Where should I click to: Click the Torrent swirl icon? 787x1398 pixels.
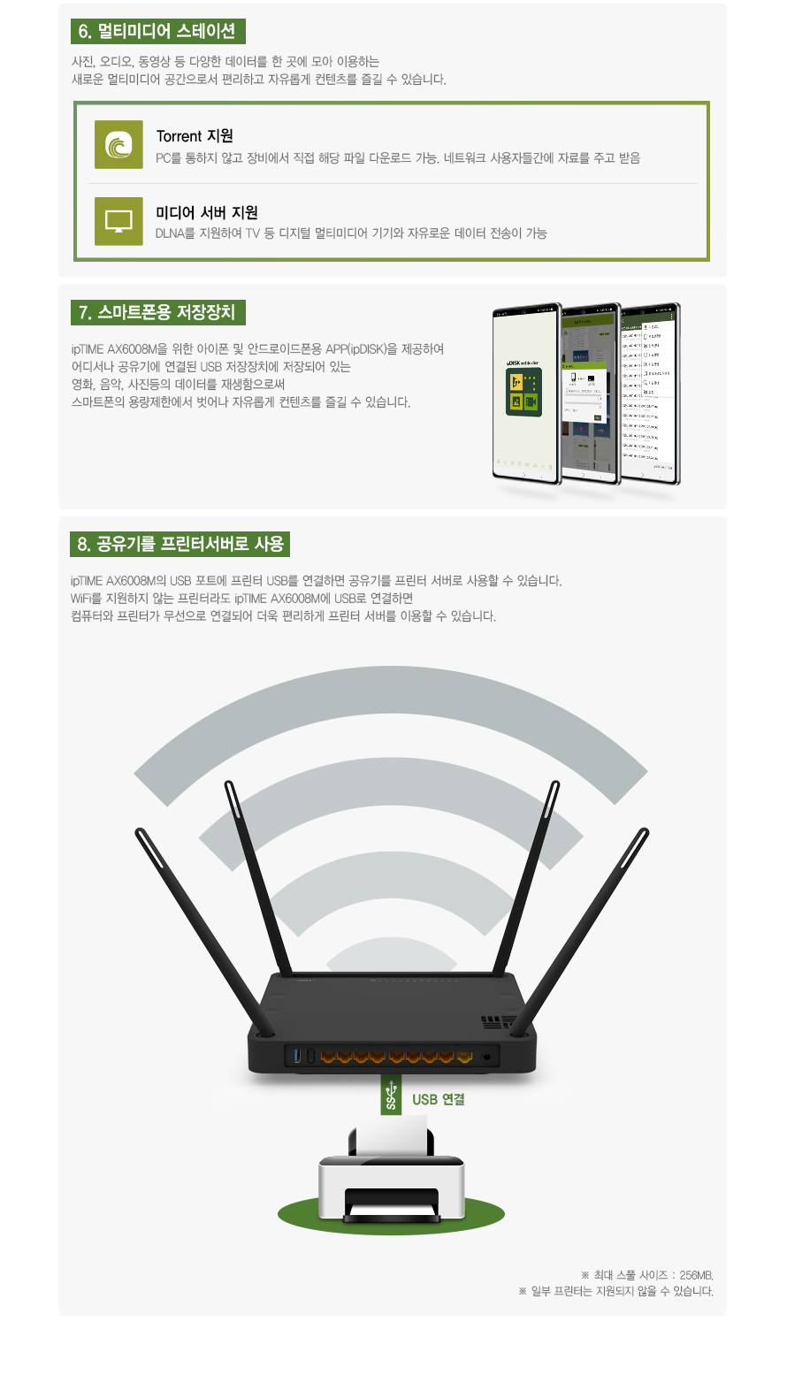(118, 144)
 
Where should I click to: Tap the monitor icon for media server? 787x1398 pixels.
(118, 221)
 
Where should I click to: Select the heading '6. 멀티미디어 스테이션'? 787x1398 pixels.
(157, 32)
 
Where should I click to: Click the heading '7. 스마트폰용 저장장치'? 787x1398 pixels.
(157, 313)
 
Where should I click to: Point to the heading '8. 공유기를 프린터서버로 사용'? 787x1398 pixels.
(180, 545)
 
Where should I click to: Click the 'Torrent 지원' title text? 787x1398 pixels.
(195, 136)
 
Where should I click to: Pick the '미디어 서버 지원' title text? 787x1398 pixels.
(207, 213)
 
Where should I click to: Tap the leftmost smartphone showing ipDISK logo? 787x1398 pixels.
(526, 394)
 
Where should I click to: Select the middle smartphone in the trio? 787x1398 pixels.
(591, 394)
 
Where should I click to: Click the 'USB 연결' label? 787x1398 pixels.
(439, 1100)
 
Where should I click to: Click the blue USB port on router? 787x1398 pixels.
(297, 1056)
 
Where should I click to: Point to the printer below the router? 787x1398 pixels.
(391, 1185)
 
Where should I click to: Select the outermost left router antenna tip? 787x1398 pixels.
(140, 833)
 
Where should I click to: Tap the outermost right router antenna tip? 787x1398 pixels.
(644, 833)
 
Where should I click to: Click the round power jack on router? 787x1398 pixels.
(487, 1057)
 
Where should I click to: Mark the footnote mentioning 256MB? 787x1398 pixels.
(646, 1275)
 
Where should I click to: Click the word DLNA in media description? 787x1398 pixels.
(170, 233)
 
